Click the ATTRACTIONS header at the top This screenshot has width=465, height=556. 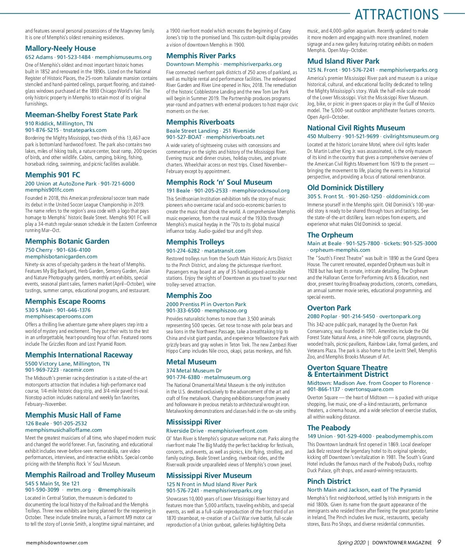(x=396, y=14)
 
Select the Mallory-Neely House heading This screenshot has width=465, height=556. (x=60, y=48)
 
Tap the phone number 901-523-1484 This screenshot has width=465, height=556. (x=74, y=57)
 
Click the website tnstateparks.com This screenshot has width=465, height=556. (x=85, y=130)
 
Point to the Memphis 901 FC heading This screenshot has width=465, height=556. (x=53, y=175)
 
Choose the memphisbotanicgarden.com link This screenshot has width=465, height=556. (x=61, y=256)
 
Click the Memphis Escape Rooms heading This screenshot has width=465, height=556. (x=65, y=301)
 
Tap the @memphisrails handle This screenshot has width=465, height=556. (x=117, y=490)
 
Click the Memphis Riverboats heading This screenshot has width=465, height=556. (x=200, y=122)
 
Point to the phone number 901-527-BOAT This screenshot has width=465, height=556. (x=184, y=137)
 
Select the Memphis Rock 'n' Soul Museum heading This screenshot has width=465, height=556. (x=219, y=182)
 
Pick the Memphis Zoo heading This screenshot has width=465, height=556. (x=189, y=296)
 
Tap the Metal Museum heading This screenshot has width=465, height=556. (x=191, y=362)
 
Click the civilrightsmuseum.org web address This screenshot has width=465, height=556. (x=411, y=136)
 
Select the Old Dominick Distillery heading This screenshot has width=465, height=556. (x=345, y=188)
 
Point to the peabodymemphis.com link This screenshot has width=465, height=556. (x=404, y=436)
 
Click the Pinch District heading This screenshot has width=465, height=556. (x=329, y=482)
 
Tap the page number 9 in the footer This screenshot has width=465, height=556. (x=439, y=542)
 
